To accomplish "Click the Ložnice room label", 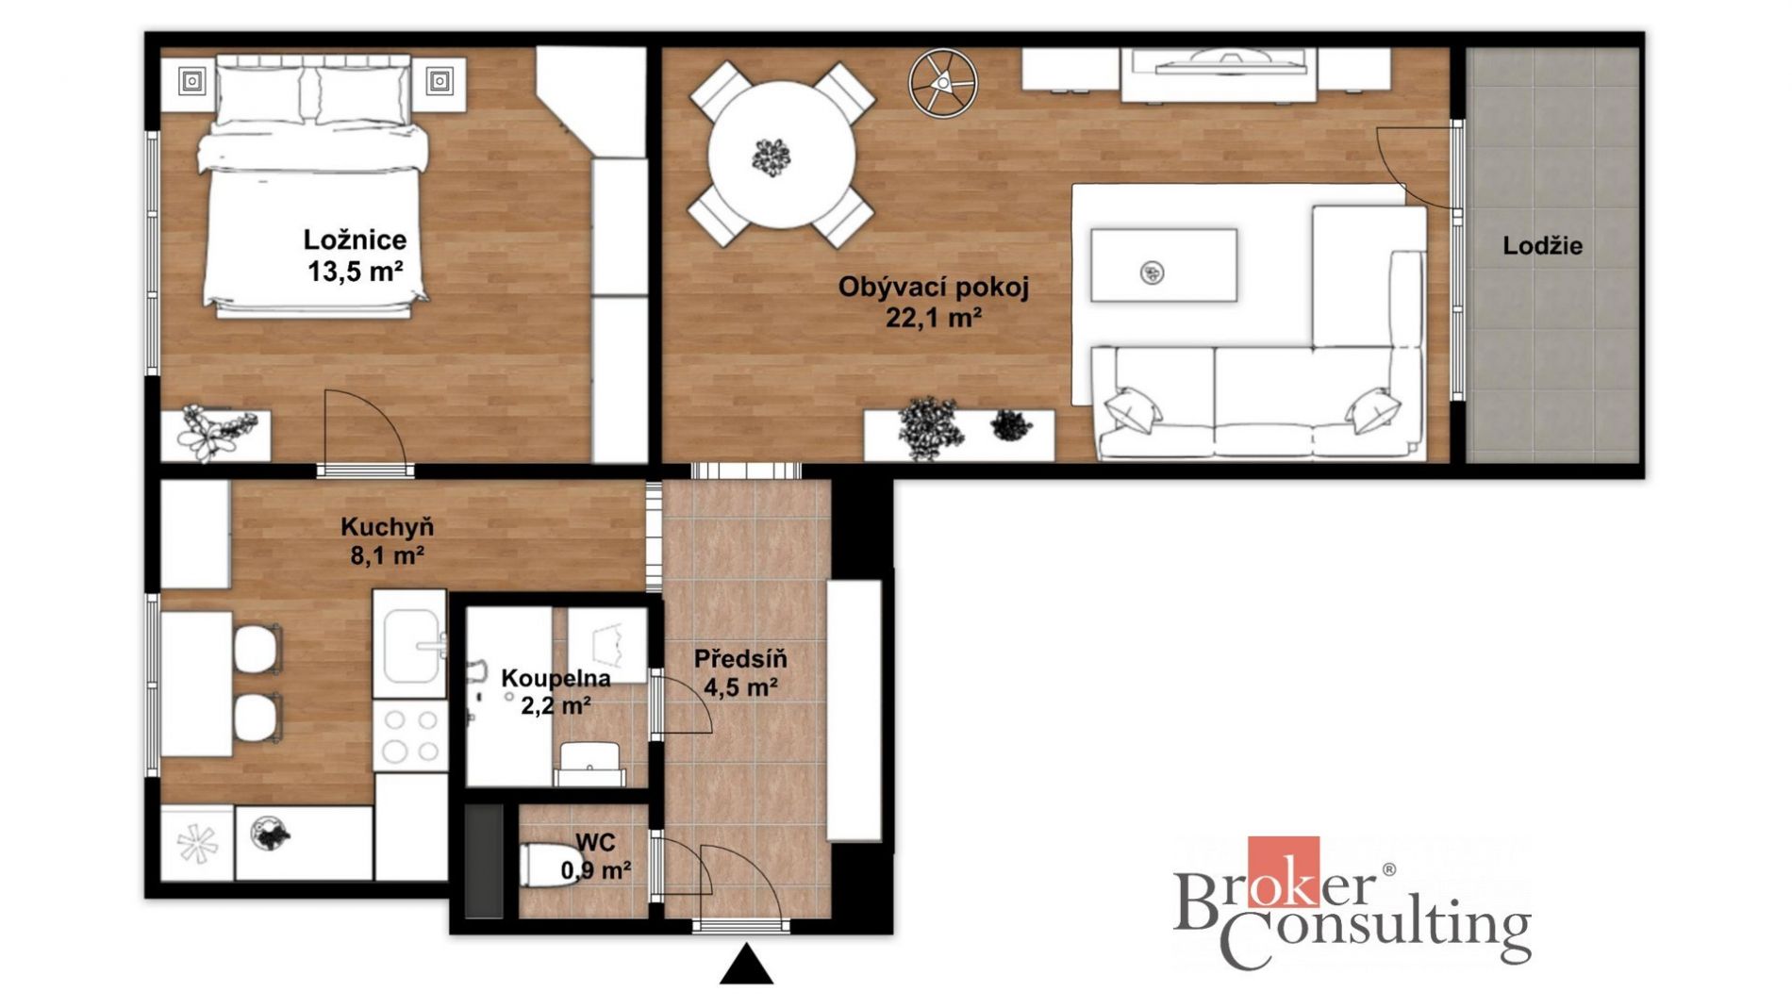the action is [355, 240].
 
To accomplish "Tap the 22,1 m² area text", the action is [933, 318].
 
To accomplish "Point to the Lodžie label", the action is [1542, 246].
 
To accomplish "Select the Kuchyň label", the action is [387, 527].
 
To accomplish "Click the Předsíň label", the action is [740, 658].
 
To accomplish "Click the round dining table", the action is [781, 155].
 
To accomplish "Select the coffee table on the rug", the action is [1163, 265].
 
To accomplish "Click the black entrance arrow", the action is [746, 965].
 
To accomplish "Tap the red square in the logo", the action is [1283, 871].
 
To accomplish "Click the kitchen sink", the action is [410, 645].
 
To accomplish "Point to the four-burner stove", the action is [410, 735].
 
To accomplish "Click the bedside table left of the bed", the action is [191, 82].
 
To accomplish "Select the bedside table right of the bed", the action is [439, 82].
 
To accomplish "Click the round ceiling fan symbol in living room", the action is [942, 84].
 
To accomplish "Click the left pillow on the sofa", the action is [1134, 410].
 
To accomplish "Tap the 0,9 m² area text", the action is [596, 870].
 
